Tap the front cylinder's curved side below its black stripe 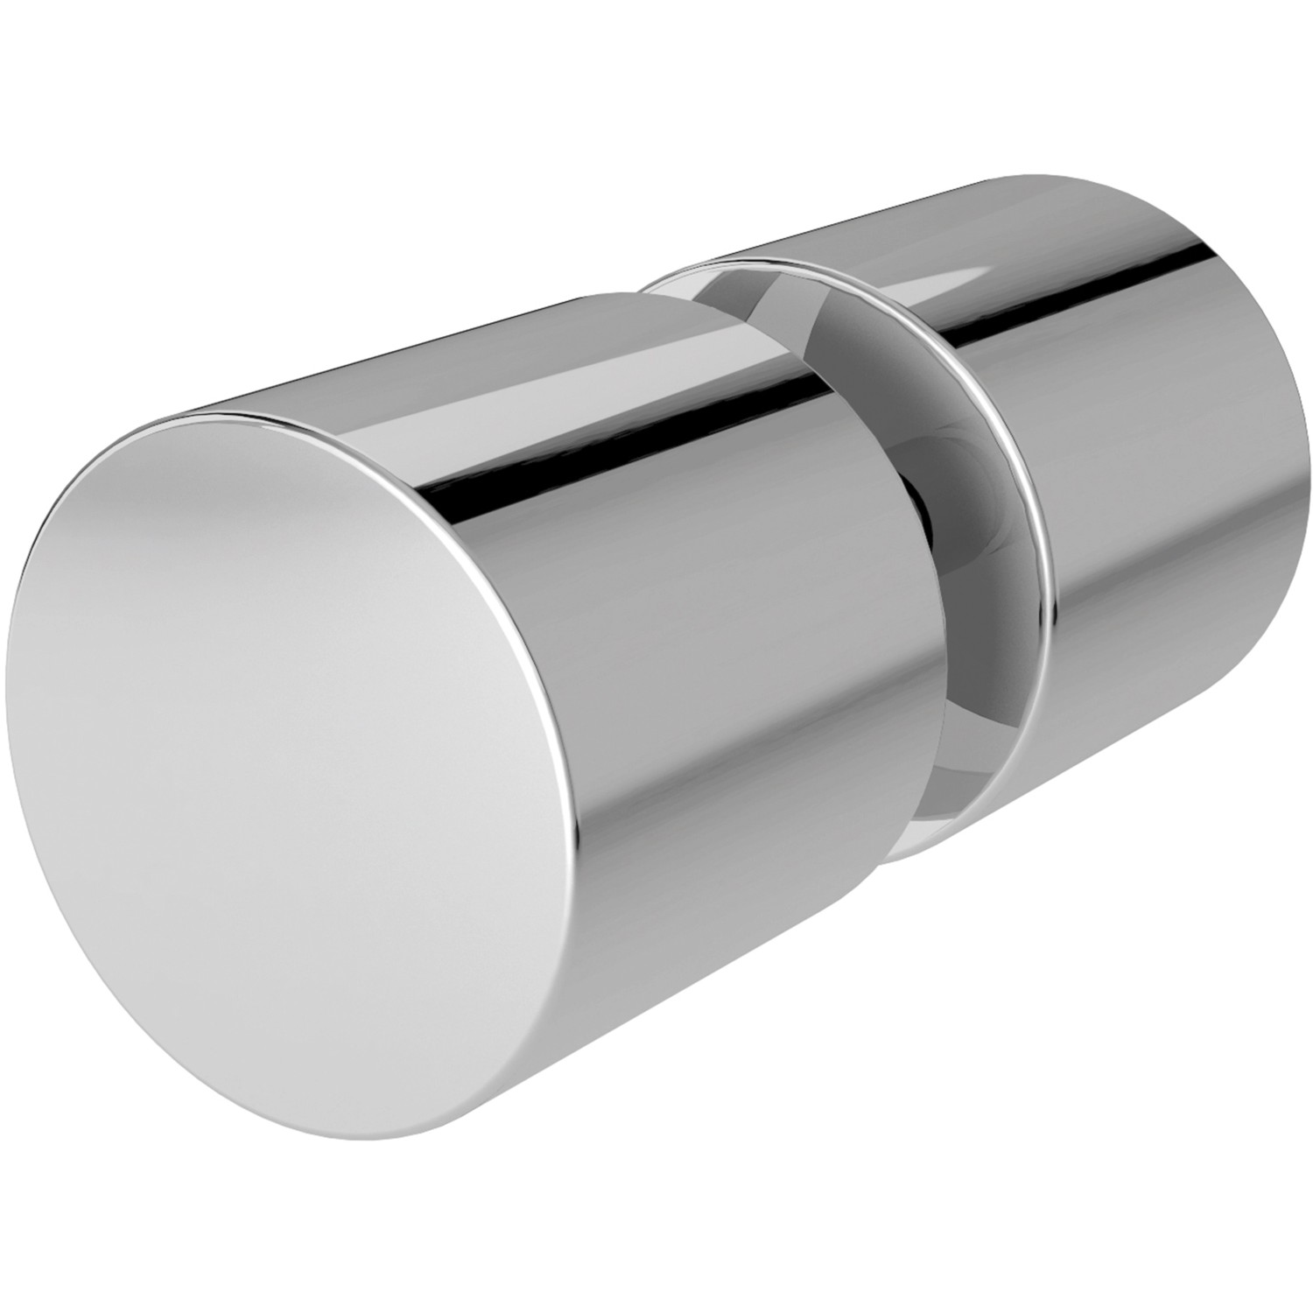700,744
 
